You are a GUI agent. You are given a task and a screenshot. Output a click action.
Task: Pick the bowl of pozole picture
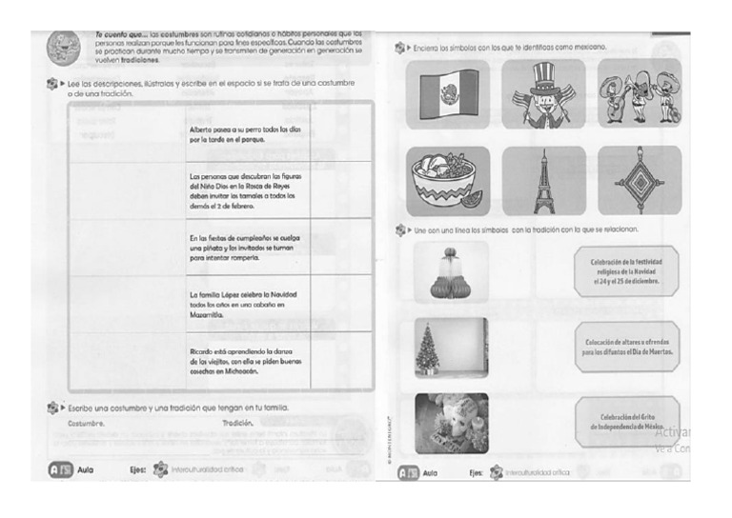447,181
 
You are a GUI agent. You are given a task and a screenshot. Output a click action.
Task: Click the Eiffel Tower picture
544,181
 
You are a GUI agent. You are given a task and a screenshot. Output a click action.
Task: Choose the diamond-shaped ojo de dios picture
640,181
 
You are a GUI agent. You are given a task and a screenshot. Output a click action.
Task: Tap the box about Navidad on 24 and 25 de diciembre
628,271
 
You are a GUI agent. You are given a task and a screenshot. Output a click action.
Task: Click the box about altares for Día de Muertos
628,348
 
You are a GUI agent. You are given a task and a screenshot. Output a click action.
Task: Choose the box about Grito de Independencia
628,423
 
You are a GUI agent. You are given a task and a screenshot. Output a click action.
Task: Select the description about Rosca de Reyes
246,190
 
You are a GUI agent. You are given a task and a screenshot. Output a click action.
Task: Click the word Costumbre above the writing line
87,423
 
